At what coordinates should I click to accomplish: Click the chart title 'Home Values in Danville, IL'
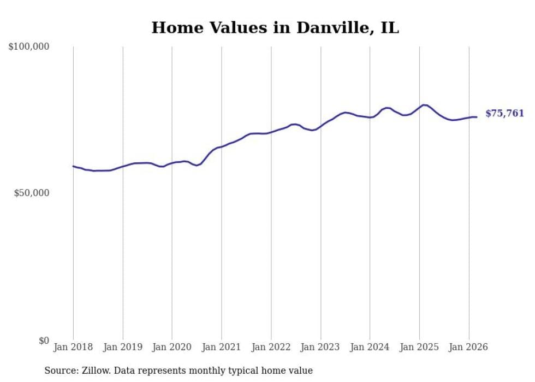click(275, 28)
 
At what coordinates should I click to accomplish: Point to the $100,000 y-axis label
click(28, 46)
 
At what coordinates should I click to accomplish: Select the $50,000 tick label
click(32, 193)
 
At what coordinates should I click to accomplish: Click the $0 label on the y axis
click(44, 340)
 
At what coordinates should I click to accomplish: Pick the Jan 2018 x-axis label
click(73, 347)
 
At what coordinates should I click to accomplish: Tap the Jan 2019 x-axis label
click(122, 347)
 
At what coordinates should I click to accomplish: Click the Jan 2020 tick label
click(172, 347)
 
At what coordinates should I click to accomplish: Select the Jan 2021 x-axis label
click(222, 347)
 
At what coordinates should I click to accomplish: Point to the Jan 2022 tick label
click(271, 347)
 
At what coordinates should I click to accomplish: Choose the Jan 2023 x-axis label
click(320, 347)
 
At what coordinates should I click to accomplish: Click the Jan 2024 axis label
click(370, 347)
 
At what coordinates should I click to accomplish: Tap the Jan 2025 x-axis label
click(419, 347)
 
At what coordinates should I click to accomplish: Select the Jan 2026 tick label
click(468, 347)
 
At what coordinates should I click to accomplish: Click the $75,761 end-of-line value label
click(504, 114)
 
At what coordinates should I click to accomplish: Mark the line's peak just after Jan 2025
click(424, 105)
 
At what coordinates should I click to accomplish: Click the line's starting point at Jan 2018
click(73, 166)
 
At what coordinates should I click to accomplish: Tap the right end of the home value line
click(476, 117)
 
